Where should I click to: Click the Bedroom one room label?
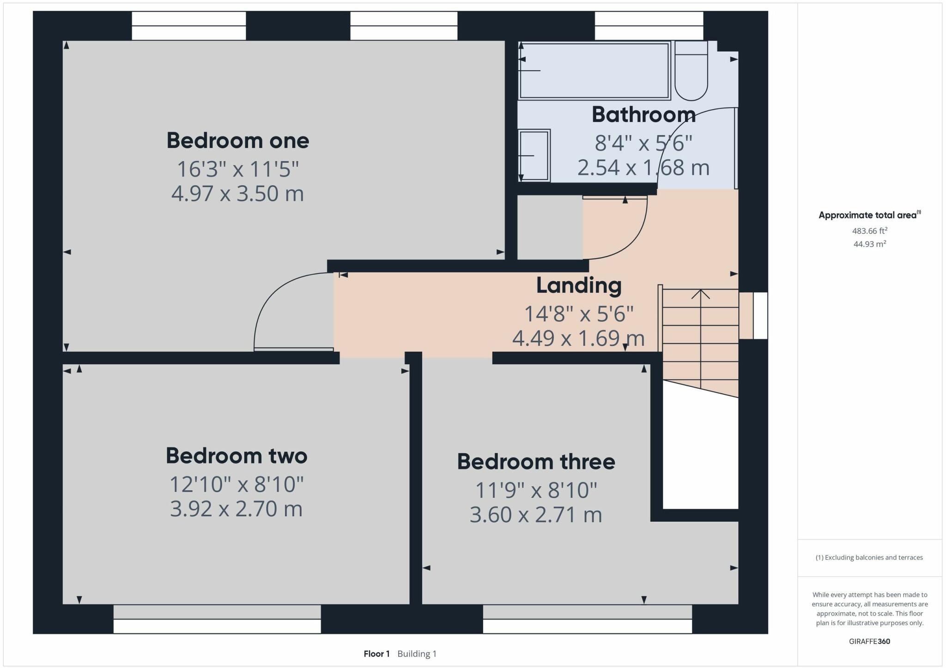coord(237,140)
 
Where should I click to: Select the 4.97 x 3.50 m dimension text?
coord(237,193)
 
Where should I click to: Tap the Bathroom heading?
coord(643,114)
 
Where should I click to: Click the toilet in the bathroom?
coord(691,72)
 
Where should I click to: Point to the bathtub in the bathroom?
coord(594,71)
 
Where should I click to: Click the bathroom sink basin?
coord(534,156)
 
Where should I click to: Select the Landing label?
coord(579,285)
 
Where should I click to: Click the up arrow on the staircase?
coord(701,294)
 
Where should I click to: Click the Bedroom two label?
coord(236,456)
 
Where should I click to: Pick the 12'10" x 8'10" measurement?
coord(236,484)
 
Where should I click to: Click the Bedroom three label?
coord(536,462)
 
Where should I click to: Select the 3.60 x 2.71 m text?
coord(536,515)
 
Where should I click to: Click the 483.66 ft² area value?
coord(869,231)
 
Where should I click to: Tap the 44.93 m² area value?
coord(869,244)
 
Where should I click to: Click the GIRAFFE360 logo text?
coord(869,641)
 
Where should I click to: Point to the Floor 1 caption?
coord(376,654)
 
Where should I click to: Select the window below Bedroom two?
coord(217,619)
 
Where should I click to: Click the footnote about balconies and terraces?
coord(869,558)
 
